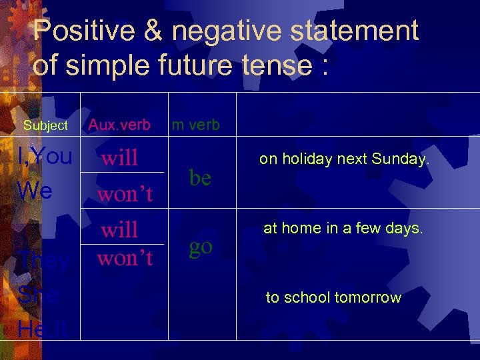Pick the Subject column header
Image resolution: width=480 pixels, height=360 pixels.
tap(45, 125)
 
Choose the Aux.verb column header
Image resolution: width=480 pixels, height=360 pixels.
tap(119, 125)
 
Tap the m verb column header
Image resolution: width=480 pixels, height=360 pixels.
tap(196, 125)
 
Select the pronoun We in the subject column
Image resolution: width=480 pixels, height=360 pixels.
tap(35, 191)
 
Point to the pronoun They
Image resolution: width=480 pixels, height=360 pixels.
tap(43, 261)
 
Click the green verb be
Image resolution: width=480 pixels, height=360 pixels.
tap(200, 177)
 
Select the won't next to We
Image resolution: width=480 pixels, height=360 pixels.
tap(125, 194)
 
